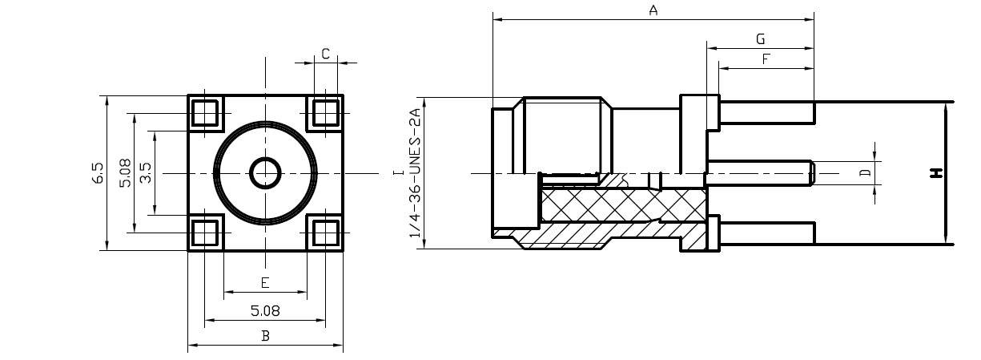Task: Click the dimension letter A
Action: (653, 10)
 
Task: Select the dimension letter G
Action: (761, 39)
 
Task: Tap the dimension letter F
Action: (766, 59)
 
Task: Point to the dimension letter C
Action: (325, 54)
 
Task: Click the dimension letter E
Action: (265, 283)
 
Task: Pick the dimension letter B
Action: (265, 336)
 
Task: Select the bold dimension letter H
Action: (936, 172)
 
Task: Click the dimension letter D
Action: (866, 172)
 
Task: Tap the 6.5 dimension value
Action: (98, 172)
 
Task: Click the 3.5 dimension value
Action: (146, 172)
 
